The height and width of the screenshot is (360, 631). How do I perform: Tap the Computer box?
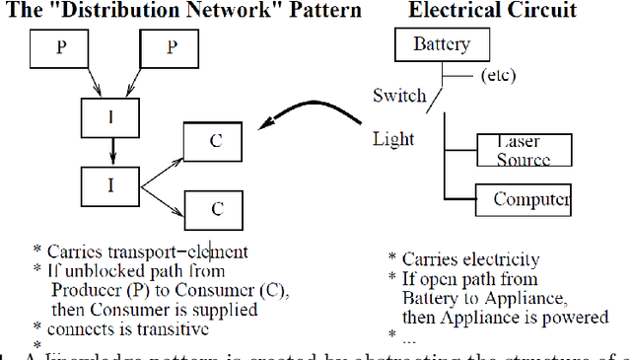point(523,199)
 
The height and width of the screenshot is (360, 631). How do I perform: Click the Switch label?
point(399,96)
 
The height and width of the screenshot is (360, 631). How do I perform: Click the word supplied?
point(222,309)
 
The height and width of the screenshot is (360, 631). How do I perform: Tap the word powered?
point(575,317)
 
